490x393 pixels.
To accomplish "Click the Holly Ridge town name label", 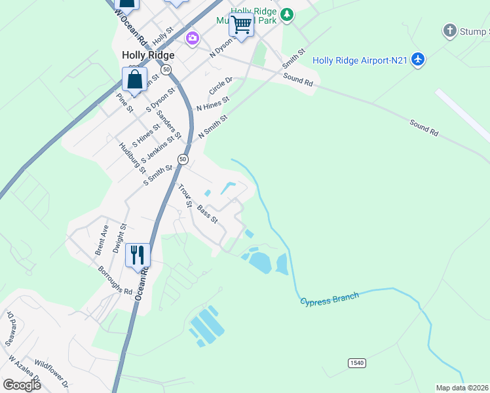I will click(x=148, y=56).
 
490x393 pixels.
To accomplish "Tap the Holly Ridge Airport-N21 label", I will click(x=360, y=60).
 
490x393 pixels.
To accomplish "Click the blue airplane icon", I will click(x=419, y=60).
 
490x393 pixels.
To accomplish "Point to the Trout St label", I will click(x=185, y=195).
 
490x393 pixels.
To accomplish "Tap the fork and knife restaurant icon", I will click(x=138, y=253).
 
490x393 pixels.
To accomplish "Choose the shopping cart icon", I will click(x=241, y=25).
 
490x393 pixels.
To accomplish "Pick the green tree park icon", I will click(x=286, y=14).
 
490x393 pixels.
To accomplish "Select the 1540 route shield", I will click(x=356, y=363).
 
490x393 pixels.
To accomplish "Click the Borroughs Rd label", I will click(x=115, y=280).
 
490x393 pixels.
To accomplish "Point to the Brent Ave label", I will click(x=101, y=242).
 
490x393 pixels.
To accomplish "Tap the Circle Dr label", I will click(x=221, y=86).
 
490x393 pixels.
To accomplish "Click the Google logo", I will click(x=21, y=385).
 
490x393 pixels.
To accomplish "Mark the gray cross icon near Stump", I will click(x=449, y=29).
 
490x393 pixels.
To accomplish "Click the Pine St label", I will click(x=124, y=103).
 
